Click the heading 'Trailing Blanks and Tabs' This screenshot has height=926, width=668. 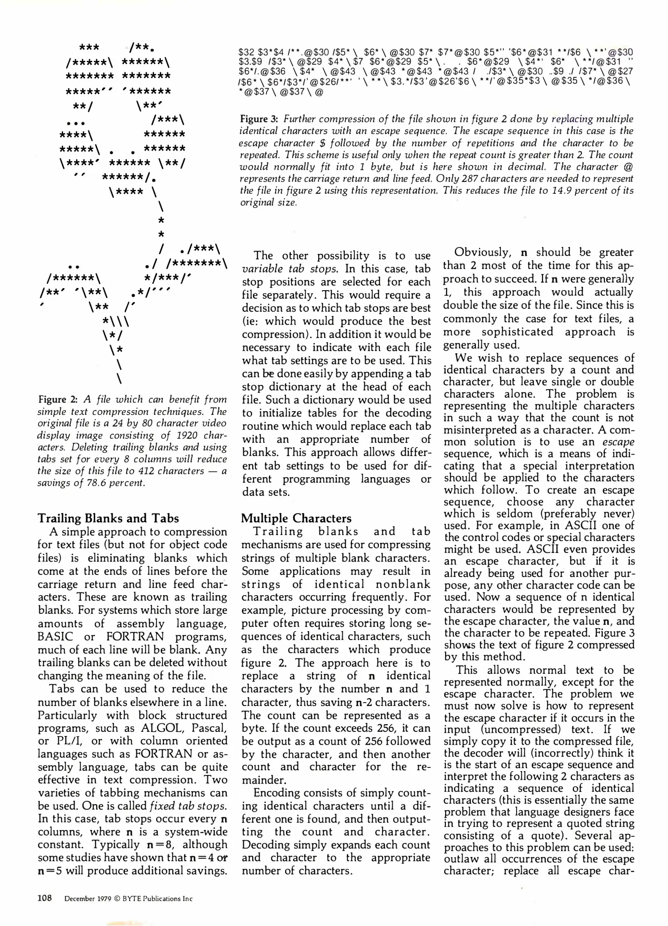coord(108,518)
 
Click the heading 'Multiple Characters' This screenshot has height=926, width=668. coord(296,518)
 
